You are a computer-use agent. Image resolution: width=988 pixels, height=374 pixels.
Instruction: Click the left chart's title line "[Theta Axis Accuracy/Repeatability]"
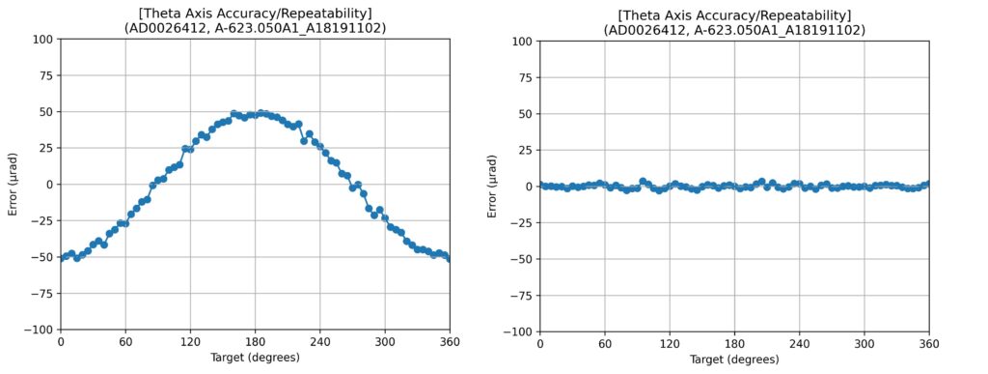coord(255,14)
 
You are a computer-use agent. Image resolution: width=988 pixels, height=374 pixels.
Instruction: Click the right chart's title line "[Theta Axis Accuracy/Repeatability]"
coord(734,16)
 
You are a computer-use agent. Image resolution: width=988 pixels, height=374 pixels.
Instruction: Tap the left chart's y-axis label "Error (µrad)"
coord(14,185)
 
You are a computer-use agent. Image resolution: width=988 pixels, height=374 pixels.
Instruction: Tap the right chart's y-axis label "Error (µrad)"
coord(493,187)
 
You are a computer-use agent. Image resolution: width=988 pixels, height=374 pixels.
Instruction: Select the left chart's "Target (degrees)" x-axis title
coord(255,358)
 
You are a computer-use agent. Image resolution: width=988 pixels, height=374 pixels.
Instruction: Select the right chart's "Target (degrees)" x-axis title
coord(734,360)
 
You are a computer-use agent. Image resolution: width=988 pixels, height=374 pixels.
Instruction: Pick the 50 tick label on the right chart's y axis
coord(527,113)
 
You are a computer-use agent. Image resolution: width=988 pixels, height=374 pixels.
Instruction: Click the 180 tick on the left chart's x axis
coord(255,342)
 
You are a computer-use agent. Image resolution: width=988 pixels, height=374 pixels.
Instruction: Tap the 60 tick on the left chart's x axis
coord(124,342)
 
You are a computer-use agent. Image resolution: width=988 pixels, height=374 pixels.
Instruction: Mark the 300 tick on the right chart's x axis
coord(864,345)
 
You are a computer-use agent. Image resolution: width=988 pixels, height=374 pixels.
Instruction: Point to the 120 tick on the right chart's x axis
coord(670,345)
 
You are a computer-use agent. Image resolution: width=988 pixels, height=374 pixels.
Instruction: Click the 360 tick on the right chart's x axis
coord(929,345)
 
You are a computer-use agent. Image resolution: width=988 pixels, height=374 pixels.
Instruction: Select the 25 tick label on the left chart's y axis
coord(47,148)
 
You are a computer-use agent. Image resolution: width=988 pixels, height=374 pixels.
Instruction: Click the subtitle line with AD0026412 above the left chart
coord(255,28)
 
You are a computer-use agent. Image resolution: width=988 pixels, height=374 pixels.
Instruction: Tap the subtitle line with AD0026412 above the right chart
coord(734,30)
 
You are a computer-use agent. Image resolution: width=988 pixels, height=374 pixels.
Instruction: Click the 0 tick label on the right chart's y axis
coord(531,187)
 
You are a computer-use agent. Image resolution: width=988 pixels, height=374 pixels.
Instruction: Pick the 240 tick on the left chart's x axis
coord(319,342)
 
